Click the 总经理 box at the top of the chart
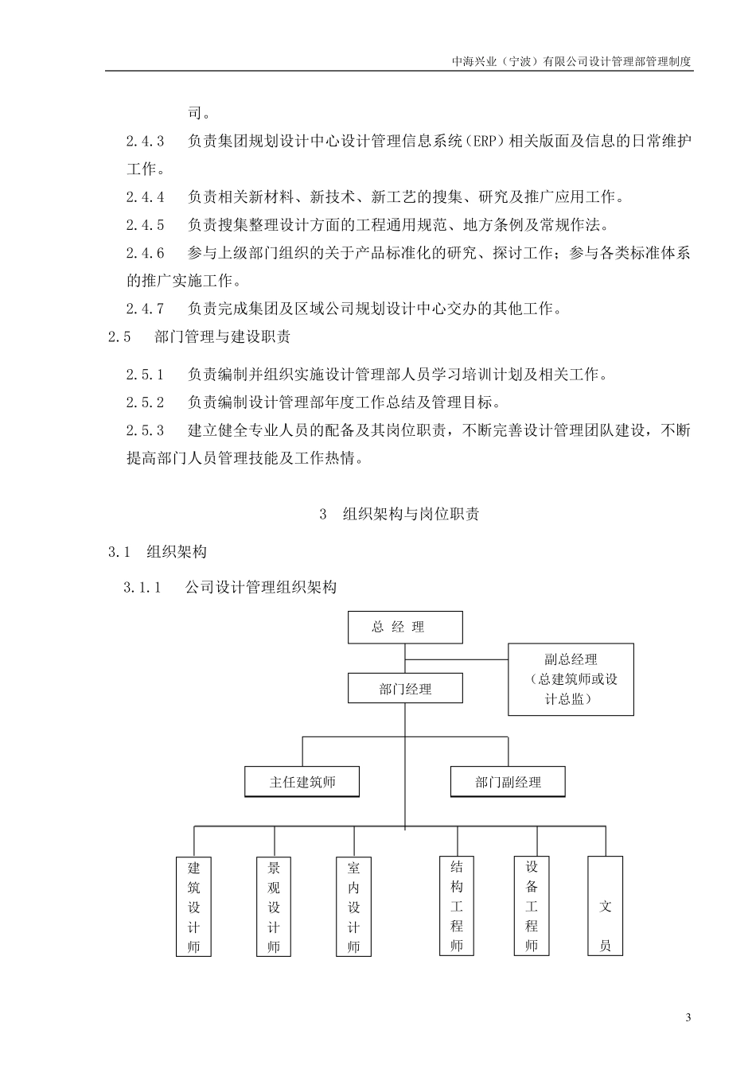point(405,627)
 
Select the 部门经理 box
point(405,689)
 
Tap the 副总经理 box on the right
point(571,679)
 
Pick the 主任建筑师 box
point(302,782)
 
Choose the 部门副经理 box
point(508,782)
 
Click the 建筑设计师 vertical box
point(193,907)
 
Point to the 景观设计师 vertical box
point(274,907)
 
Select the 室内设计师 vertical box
point(353,907)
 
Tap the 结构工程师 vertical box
point(457,905)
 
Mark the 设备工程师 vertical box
point(532,905)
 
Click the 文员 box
point(605,905)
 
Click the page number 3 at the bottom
point(688,1018)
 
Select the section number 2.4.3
point(145,142)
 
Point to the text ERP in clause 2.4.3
point(497,142)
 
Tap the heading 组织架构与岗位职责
point(411,514)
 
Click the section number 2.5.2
point(145,402)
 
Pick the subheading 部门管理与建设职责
point(222,336)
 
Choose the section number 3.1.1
point(142,588)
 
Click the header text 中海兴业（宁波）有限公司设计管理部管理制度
point(571,60)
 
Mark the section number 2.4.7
point(145,309)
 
